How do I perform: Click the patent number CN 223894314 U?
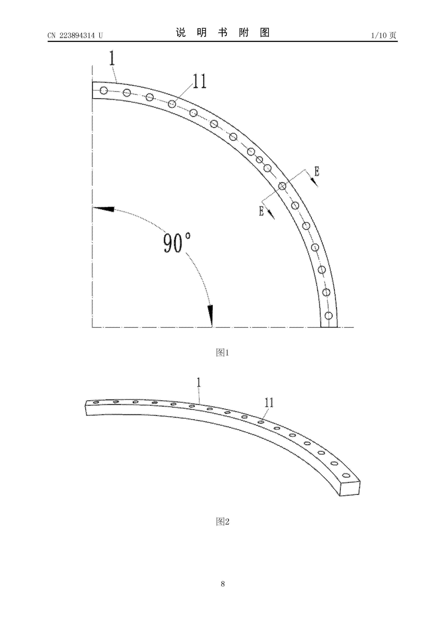[x=75, y=35]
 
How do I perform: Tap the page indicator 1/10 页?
[x=384, y=35]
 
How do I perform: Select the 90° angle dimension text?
[x=177, y=243]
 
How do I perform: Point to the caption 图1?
[x=223, y=352]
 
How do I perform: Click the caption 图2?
[x=223, y=521]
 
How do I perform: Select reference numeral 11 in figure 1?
[x=199, y=81]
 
